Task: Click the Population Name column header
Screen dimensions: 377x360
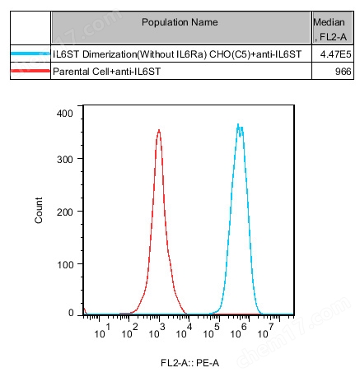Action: [x=180, y=21]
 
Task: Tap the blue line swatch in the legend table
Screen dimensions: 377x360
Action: [x=30, y=54]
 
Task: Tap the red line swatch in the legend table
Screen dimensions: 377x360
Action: [x=30, y=73]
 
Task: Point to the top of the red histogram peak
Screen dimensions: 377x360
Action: [x=158, y=130]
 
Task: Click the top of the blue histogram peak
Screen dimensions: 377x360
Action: [x=239, y=125]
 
